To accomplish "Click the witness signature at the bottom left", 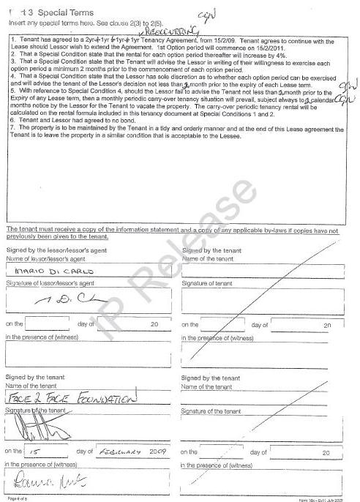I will point(43,481).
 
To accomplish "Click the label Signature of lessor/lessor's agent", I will point(50,282).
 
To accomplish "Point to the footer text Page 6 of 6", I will point(17,497).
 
